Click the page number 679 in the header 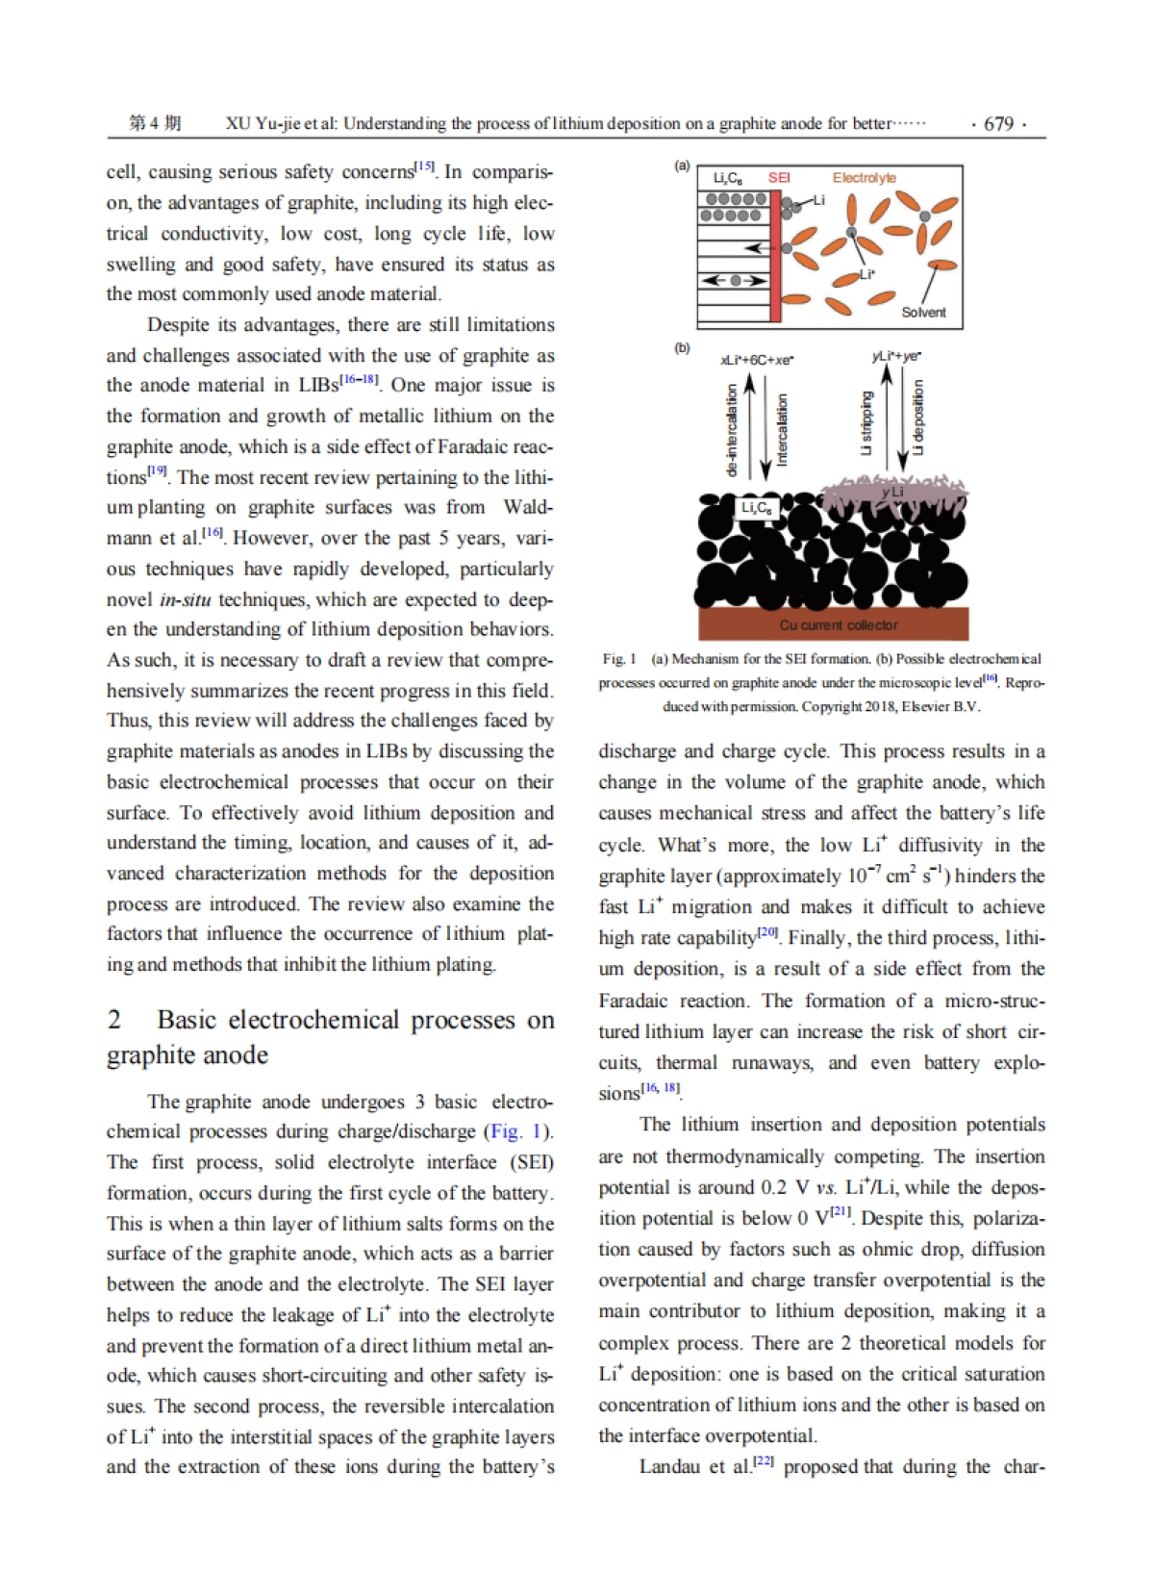point(998,124)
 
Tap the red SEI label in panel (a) point(779,178)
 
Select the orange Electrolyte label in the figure point(864,178)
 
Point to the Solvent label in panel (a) point(923,313)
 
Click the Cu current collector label point(838,625)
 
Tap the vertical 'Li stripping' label point(866,422)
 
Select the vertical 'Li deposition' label point(918,417)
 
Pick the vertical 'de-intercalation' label point(733,429)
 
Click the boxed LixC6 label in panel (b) point(756,508)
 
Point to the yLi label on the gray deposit point(892,493)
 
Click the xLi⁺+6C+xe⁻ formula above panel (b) point(757,360)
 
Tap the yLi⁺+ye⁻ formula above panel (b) point(896,356)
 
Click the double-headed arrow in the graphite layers point(736,281)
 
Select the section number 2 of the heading point(114,1020)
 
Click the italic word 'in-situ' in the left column point(183,599)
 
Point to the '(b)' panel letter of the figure point(682,348)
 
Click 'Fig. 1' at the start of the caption point(619,659)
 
